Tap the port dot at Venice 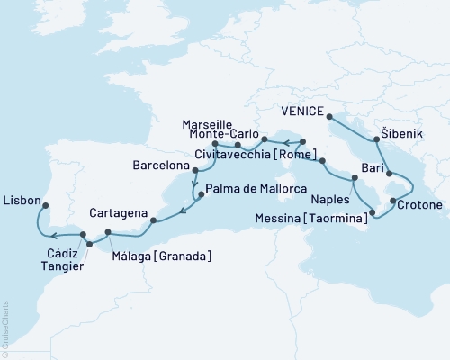[x=328, y=116]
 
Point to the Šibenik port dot [x=376, y=139]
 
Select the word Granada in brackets [x=186, y=257]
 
